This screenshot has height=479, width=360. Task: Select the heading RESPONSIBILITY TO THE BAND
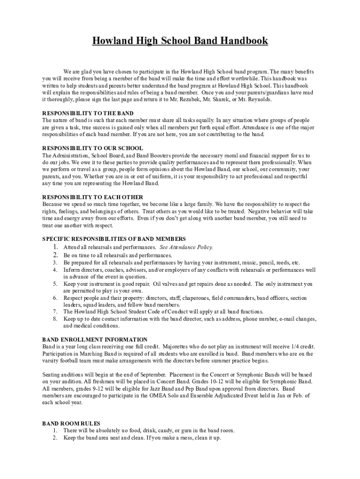(87, 113)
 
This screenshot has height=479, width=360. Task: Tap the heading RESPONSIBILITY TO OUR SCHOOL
(93, 148)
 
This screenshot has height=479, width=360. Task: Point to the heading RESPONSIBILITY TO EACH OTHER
(93, 197)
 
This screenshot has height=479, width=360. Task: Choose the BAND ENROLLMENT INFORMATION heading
(94, 339)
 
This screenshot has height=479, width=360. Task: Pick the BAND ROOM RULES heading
(71, 423)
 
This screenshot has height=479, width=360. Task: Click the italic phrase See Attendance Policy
(186, 247)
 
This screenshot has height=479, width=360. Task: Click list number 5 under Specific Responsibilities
(55, 284)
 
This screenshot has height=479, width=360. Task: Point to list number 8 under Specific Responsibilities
(55, 319)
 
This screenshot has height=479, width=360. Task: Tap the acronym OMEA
(176, 396)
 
